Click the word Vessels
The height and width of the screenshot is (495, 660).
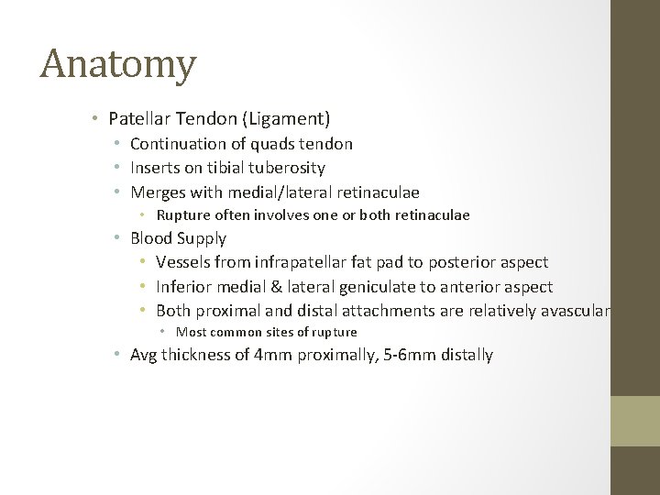[x=183, y=262]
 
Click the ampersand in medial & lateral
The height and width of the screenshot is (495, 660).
[x=266, y=287]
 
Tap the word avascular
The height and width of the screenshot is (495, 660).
[x=574, y=311]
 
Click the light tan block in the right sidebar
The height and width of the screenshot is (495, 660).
[x=635, y=421]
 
